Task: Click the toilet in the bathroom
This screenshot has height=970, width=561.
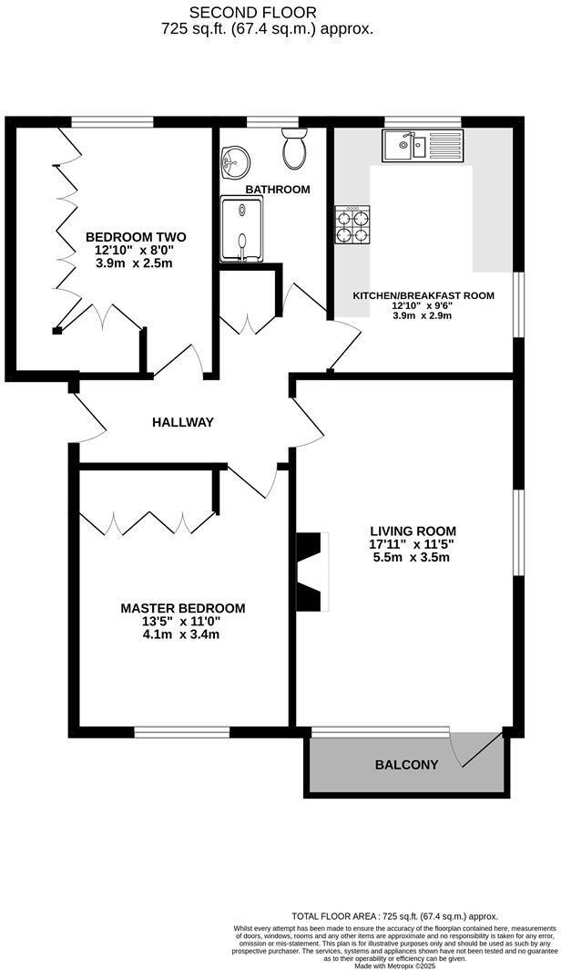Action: pyautogui.click(x=295, y=149)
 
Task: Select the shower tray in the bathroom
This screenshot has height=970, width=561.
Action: pyautogui.click(x=240, y=231)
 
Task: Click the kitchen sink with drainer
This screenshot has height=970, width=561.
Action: pyautogui.click(x=422, y=144)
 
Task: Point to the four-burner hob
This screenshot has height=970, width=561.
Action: pyautogui.click(x=353, y=224)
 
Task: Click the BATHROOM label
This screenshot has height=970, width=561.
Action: pyautogui.click(x=278, y=190)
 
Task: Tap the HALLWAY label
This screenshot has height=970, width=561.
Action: pyautogui.click(x=182, y=422)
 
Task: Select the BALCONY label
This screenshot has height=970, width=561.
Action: pyautogui.click(x=406, y=765)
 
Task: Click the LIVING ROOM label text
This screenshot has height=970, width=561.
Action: pyautogui.click(x=413, y=531)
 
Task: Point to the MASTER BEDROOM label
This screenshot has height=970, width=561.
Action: pyautogui.click(x=183, y=608)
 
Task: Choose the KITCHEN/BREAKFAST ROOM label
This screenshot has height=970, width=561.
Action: pyautogui.click(x=423, y=295)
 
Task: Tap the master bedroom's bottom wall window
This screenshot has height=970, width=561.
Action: pyautogui.click(x=181, y=731)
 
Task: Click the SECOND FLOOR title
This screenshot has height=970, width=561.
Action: pyautogui.click(x=253, y=12)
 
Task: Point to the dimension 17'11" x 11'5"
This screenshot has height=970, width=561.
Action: pyautogui.click(x=413, y=544)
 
